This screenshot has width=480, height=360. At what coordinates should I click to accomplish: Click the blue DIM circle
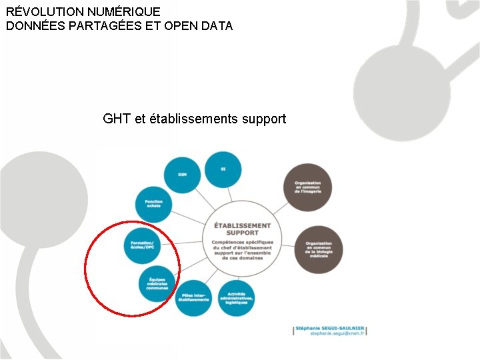[182, 175]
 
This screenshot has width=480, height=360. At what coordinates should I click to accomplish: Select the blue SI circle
[223, 169]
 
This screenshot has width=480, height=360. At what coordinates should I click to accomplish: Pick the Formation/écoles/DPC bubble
[143, 245]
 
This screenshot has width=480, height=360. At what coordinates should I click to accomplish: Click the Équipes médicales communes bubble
[157, 284]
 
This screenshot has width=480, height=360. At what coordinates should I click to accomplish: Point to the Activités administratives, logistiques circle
[237, 297]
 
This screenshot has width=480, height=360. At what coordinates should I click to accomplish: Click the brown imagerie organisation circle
[307, 187]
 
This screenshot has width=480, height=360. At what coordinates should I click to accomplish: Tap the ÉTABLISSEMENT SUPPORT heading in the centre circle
[243, 229]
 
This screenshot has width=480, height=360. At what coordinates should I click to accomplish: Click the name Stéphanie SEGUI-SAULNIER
[329, 328]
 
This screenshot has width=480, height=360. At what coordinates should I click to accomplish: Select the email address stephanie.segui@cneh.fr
[337, 333]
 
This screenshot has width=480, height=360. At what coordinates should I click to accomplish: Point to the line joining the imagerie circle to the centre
[277, 208]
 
